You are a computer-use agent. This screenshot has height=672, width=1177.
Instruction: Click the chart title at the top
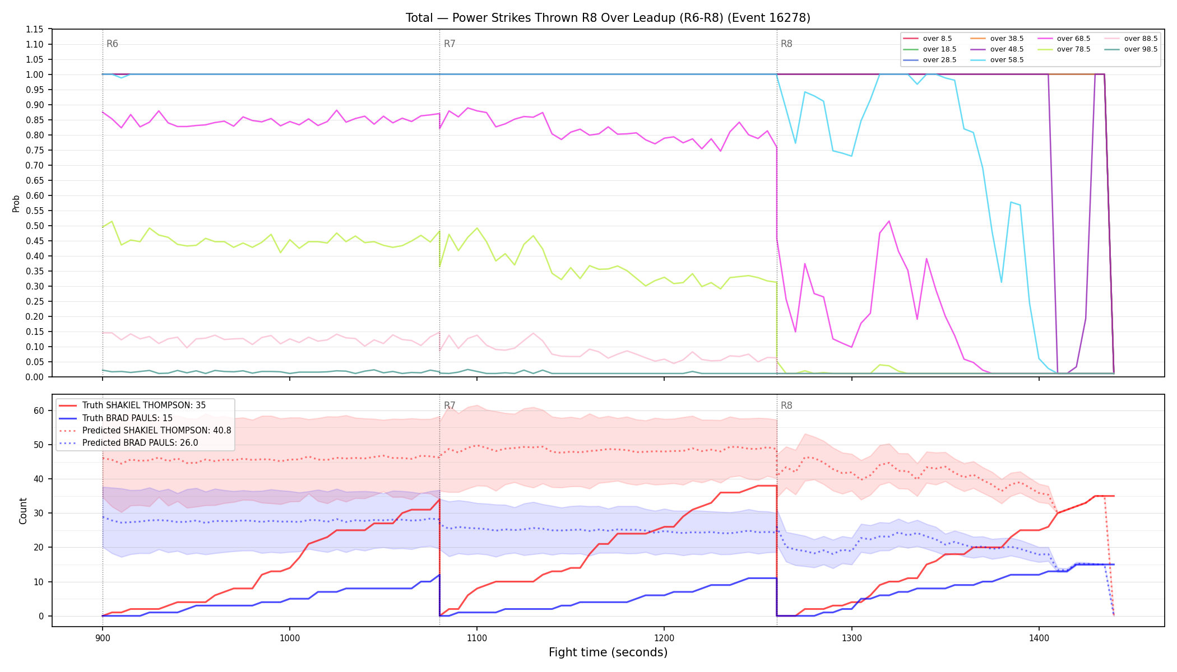608,18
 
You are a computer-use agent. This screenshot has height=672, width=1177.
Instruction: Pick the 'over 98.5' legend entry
1131,49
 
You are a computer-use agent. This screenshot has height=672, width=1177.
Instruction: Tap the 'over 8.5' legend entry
928,39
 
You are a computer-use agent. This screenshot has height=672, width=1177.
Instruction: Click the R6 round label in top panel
112,44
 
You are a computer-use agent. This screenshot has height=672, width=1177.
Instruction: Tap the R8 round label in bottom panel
786,405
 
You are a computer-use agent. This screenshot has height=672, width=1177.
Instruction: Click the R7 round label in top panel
450,44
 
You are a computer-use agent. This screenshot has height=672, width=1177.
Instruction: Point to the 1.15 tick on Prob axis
35,29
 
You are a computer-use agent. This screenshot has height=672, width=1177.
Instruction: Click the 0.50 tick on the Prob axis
35,226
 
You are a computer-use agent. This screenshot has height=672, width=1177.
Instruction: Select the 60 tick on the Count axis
39,410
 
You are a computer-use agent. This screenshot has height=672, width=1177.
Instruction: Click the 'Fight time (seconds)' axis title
608,652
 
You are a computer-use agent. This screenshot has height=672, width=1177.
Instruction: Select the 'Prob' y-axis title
16,203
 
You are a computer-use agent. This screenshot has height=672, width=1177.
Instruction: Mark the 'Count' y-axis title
23,511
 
